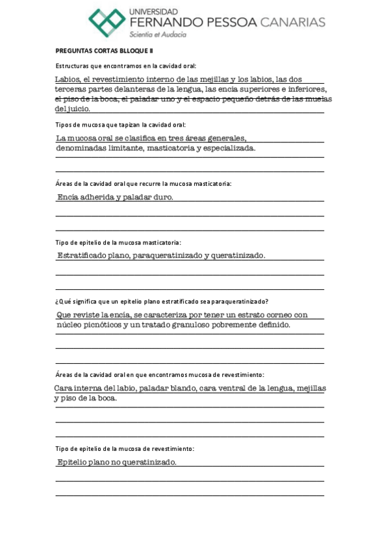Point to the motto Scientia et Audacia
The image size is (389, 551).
coord(158,34)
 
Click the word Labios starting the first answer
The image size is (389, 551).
coord(68,80)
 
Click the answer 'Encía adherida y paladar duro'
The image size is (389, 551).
coord(115,196)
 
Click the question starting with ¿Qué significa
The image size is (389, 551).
coord(162,301)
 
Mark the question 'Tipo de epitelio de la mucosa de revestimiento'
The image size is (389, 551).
coord(125,448)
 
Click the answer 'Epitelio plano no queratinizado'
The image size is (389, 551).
coord(116,463)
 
